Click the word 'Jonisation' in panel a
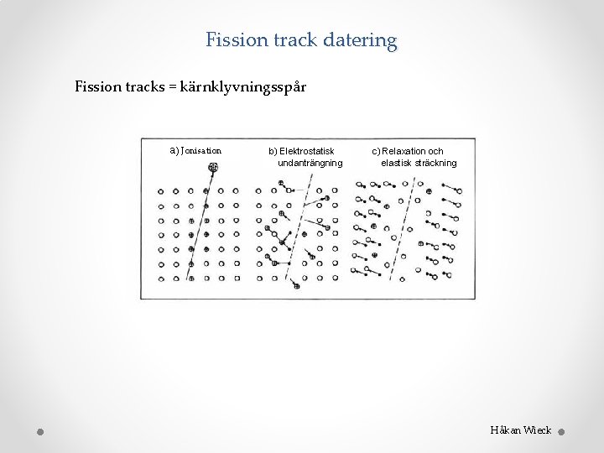tap(200, 151)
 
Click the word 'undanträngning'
tap(310, 162)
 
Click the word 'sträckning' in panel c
tap(436, 162)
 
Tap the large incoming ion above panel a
tap(213, 168)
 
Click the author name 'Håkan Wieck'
tap(520, 430)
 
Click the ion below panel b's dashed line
tap(297, 286)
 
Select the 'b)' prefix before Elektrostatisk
tap(273, 151)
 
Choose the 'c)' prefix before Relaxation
tap(376, 151)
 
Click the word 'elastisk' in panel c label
tap(397, 162)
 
